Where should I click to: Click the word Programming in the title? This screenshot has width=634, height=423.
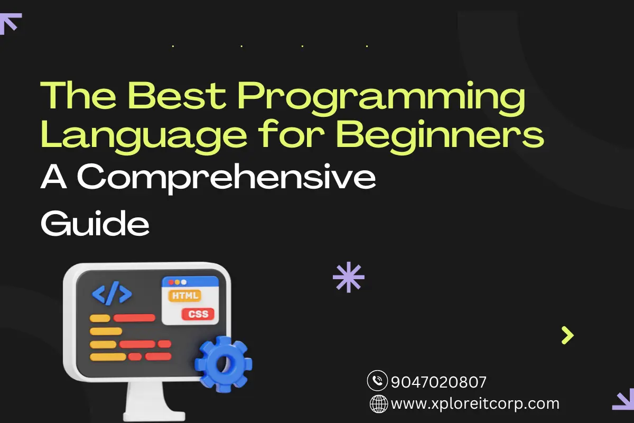[x=381, y=98]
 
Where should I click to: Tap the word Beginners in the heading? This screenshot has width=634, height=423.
[x=440, y=136]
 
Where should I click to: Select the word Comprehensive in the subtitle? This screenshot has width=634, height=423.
[x=226, y=178]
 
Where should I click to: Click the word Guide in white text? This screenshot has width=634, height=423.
[x=95, y=223]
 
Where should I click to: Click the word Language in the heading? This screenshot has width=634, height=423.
[x=144, y=136]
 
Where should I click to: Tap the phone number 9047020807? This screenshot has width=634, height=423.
[x=439, y=382]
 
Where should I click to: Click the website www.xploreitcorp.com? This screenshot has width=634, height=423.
[x=475, y=403]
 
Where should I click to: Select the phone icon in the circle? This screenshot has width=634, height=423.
[x=377, y=381]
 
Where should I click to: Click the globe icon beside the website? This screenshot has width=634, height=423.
[x=379, y=404]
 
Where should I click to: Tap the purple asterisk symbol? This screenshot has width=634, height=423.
[x=348, y=277]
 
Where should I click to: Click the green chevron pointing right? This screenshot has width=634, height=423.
[x=567, y=335]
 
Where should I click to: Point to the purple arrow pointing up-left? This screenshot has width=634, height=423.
[x=10, y=24]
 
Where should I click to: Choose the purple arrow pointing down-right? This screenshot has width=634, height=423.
[x=623, y=399]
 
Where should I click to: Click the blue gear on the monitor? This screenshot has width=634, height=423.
[x=223, y=364]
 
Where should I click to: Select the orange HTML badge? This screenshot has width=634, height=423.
[x=185, y=296]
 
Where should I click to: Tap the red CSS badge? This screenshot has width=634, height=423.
[x=198, y=314]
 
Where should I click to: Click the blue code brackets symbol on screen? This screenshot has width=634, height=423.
[x=112, y=293]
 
